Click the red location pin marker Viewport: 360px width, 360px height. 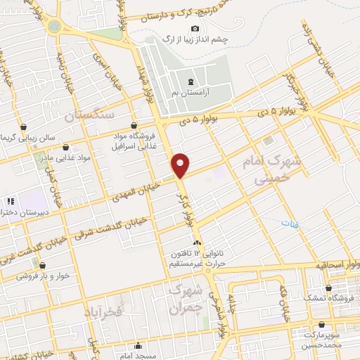click(x=181, y=165)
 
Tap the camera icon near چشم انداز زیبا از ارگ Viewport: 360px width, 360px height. click(x=195, y=27)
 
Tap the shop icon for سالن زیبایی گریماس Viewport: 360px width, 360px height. click(x=25, y=127)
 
